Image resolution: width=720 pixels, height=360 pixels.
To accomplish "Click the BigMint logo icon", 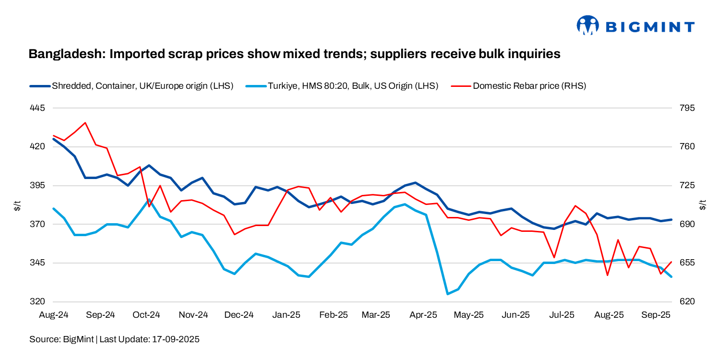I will [588, 25].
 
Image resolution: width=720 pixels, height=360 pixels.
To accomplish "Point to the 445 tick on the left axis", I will [37, 108].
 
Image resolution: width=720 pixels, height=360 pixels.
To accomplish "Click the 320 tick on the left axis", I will [37, 302].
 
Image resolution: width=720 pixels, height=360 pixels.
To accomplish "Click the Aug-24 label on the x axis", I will [54, 315].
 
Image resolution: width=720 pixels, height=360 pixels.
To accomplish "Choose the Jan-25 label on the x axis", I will [287, 315].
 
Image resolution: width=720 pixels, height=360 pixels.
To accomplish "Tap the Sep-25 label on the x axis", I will [656, 315].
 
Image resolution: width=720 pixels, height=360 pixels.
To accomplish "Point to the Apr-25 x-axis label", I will [424, 315].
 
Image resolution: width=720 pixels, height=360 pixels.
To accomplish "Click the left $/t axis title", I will [17, 205].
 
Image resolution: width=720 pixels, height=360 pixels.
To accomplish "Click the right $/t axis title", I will [703, 205].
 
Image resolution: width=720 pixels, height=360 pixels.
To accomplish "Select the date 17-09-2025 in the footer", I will [176, 339].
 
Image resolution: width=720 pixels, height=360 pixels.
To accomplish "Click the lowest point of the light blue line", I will [448, 294].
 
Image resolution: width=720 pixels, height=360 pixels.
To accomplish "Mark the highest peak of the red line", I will [85, 122].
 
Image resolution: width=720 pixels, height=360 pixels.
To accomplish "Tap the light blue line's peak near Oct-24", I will [149, 200].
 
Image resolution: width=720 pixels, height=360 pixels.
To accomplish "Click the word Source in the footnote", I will [45, 339].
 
